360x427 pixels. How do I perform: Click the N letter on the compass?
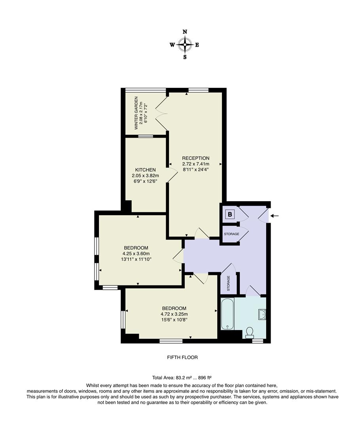tap(185, 32)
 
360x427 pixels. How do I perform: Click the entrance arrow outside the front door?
tap(276, 216)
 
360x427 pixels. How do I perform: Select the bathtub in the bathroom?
tap(227, 314)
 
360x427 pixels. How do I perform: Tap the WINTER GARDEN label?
tap(136, 113)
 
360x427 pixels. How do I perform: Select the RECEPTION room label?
tap(196, 158)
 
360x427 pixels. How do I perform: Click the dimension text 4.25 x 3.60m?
tap(136, 254)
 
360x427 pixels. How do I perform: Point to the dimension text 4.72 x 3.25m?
tap(174, 315)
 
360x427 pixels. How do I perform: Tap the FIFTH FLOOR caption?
tap(182, 357)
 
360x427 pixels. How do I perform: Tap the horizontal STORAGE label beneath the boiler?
tap(231, 234)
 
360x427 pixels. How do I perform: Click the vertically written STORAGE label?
tap(228, 283)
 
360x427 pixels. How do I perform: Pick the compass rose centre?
tap(185, 44)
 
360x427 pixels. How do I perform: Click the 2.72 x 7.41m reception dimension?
tap(196, 164)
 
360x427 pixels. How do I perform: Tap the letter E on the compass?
tap(197, 45)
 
